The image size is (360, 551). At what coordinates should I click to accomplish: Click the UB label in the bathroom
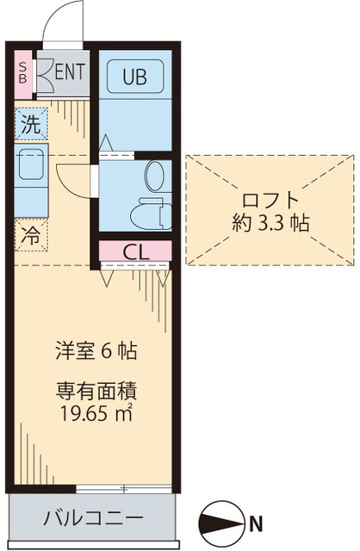[x=133, y=77]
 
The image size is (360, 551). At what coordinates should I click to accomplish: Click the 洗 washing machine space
[x=30, y=123]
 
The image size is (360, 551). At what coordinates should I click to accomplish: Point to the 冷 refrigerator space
[x=30, y=232]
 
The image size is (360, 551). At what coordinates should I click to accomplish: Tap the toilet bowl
[x=154, y=176]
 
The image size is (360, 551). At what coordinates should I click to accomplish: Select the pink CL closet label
[x=134, y=251]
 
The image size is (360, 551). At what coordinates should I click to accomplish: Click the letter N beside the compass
[x=257, y=520]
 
